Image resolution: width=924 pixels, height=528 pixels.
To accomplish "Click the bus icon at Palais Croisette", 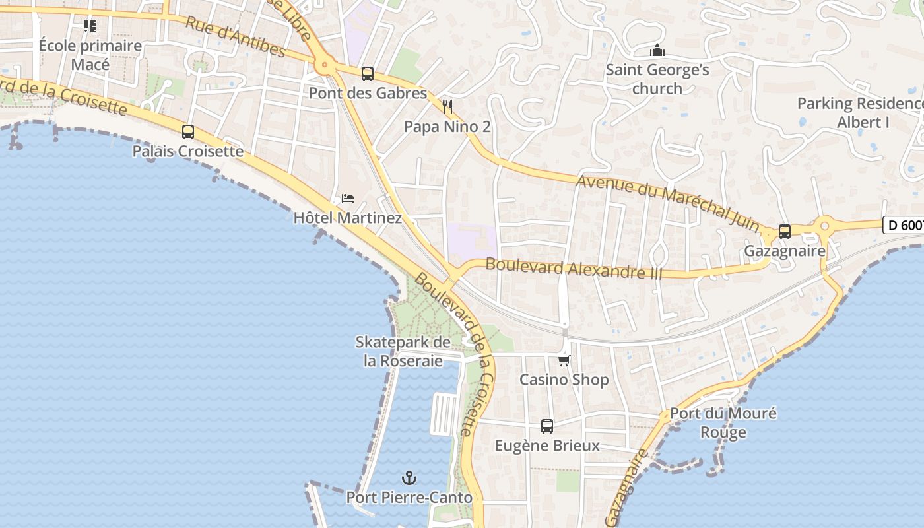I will (188, 132).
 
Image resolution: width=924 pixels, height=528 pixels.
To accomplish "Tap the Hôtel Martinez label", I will (347, 217).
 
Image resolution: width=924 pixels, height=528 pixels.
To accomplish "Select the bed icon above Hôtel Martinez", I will (347, 199).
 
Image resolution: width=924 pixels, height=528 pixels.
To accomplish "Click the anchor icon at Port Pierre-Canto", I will (409, 477).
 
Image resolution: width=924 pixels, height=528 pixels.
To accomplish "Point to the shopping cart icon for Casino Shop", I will (564, 360).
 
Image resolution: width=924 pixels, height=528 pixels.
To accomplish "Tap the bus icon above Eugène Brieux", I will (547, 426).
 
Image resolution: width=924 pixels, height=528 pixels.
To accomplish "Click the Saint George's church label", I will (657, 79).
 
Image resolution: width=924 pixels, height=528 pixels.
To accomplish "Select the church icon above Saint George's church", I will (657, 51).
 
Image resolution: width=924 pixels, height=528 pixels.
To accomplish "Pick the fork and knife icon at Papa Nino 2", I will (447, 106).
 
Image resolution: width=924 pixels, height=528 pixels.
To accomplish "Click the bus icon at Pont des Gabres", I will (368, 74).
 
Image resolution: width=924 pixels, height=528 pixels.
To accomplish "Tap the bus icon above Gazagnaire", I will (785, 232).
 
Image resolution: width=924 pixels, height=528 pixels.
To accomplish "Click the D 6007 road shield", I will (904, 225).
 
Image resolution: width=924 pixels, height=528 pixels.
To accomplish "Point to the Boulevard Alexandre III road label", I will (574, 269).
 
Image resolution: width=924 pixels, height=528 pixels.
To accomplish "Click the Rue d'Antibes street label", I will (235, 37).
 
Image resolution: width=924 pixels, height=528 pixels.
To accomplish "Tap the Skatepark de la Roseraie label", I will (403, 351).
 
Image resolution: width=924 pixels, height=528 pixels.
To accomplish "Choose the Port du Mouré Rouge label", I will (723, 423).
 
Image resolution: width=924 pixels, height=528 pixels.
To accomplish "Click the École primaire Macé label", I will (90, 55).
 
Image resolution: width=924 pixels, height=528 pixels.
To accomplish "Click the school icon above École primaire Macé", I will (90, 26).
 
